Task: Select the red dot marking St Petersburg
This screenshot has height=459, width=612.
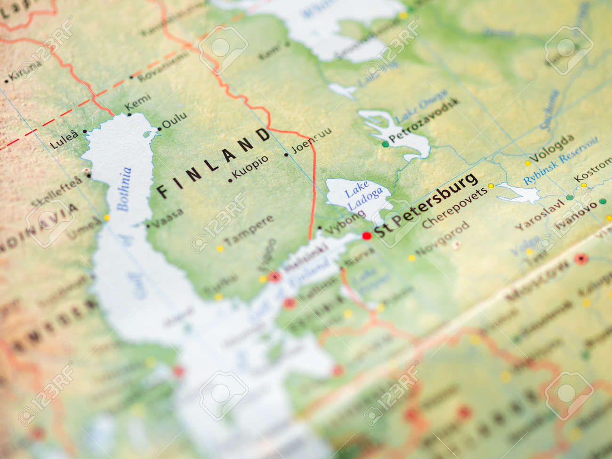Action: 366,236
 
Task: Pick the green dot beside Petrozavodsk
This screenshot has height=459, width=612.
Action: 386,144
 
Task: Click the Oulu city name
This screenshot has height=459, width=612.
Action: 174,121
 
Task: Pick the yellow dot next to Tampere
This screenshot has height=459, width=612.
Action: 219,248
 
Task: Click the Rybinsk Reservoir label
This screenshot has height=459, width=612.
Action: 560,161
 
